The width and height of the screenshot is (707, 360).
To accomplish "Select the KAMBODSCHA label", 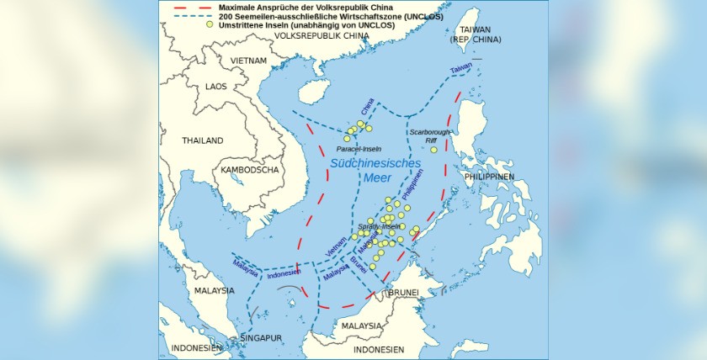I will (x=249, y=169).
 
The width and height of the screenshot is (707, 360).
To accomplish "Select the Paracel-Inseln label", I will (x=359, y=148).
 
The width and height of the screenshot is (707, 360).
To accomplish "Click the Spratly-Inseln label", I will (x=378, y=227).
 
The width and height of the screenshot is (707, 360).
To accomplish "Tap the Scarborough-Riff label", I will (x=430, y=137).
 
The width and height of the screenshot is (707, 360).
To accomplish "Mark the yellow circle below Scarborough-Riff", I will (x=434, y=150).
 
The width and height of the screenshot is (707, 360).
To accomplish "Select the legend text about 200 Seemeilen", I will (x=312, y=15).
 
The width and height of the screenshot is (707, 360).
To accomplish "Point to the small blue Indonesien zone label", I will (x=284, y=274).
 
